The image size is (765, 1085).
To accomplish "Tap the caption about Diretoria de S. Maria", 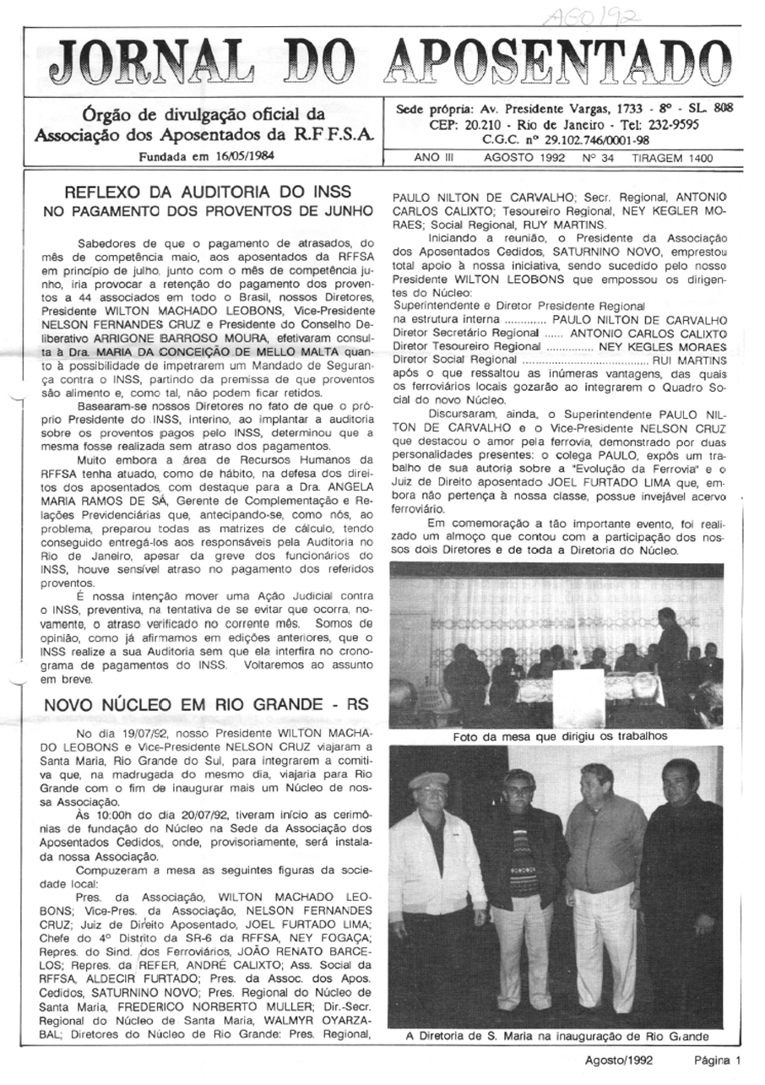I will [x=557, y=1036].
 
